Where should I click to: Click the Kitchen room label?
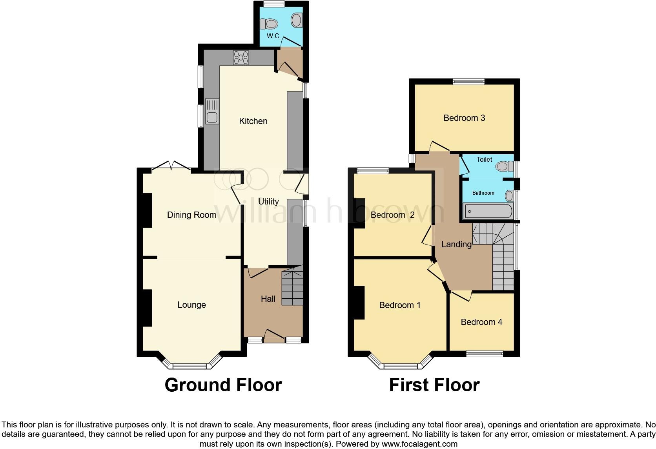click(x=253, y=121)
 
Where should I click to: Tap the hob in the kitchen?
click(x=241, y=58)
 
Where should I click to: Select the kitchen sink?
click(x=212, y=111)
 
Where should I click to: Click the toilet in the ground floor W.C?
click(x=270, y=24)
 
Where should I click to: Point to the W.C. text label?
click(x=273, y=36)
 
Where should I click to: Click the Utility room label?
click(x=268, y=201)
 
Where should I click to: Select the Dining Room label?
click(x=191, y=215)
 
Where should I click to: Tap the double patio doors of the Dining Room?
click(x=171, y=166)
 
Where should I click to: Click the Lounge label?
click(x=191, y=305)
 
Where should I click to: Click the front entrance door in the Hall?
click(x=274, y=336)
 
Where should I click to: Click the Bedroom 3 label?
click(x=464, y=118)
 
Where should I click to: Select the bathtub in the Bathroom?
click(x=488, y=212)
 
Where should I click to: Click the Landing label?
click(x=456, y=244)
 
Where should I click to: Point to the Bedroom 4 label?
click(x=481, y=322)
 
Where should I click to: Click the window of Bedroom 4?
click(x=485, y=354)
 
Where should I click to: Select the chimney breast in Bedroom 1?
click(x=359, y=302)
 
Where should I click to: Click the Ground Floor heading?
click(x=223, y=385)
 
